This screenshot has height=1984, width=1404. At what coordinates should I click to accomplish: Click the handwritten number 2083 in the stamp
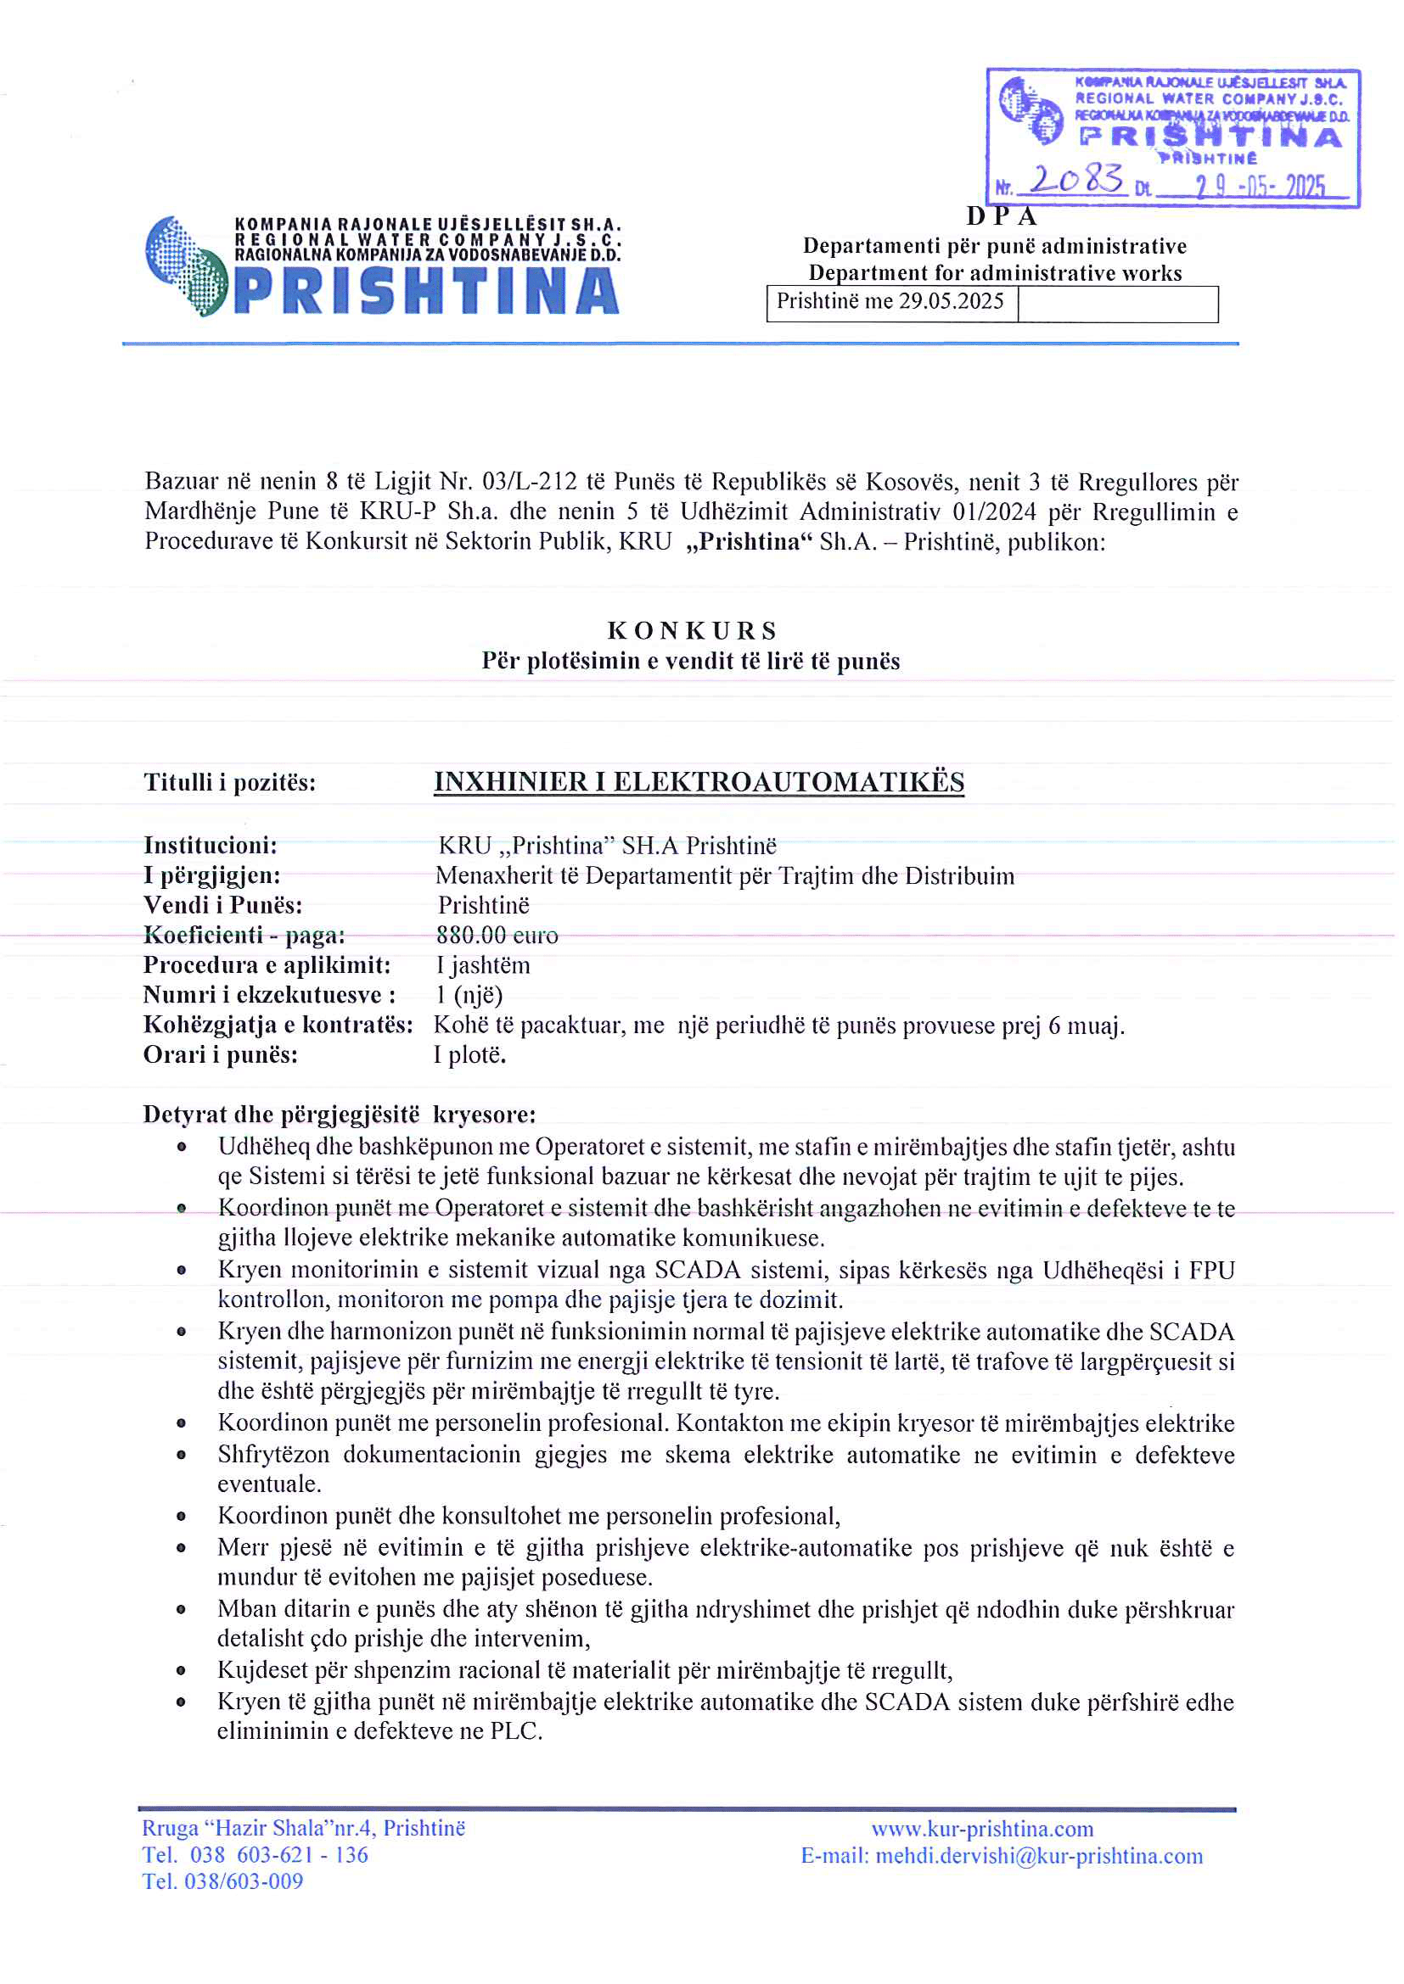pos(1076,179)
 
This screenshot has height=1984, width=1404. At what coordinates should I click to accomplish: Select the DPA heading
pos(1001,216)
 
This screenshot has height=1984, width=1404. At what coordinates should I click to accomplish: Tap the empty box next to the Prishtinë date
pos(1117,305)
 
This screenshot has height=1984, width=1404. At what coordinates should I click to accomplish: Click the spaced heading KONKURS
pos(692,631)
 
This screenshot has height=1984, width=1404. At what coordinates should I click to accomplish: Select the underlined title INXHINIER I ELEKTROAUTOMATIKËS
pos(699,782)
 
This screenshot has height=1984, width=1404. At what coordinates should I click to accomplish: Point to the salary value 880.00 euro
pos(497,935)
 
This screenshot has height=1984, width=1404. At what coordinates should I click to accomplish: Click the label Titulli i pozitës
pos(230,783)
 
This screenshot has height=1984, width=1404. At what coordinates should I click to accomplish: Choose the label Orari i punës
pos(221,1055)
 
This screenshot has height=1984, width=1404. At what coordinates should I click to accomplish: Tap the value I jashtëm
pos(482,965)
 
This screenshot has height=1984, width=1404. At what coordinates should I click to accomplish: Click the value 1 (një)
pos(469,995)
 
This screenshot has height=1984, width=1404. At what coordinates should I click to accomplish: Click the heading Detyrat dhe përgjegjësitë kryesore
pos(339,1115)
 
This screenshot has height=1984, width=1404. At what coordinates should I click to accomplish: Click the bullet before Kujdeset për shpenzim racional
pos(182,1671)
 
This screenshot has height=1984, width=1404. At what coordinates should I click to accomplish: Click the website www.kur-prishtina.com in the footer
pos(982,1830)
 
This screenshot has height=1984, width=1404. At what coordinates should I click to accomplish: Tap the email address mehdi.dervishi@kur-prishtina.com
pos(1038,1856)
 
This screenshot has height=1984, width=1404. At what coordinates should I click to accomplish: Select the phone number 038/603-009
pos(244,1881)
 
